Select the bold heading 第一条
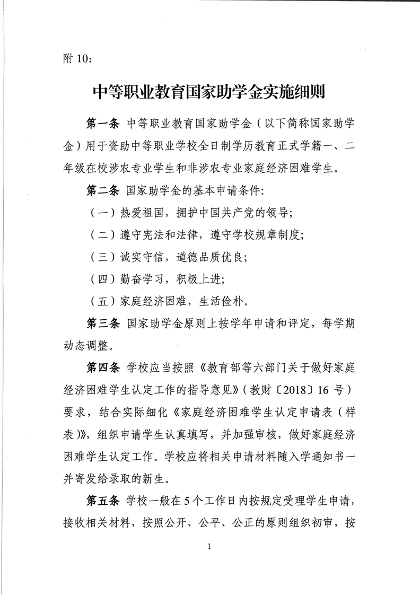(x=104, y=124)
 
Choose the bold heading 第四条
(x=104, y=367)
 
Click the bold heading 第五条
(x=104, y=501)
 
